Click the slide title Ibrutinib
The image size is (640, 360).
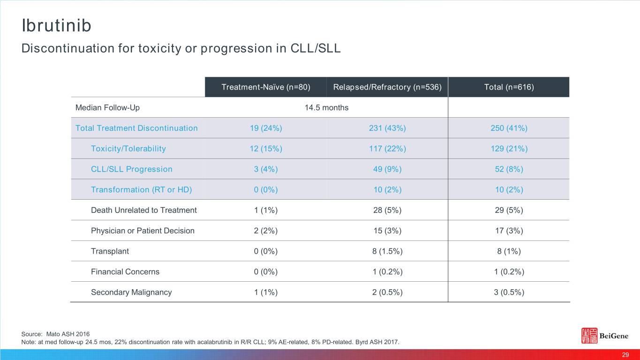tap(56, 26)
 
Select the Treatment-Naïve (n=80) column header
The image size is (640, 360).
tap(266, 87)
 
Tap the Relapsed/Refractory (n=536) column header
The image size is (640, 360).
tap(387, 87)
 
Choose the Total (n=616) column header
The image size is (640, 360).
tap(509, 87)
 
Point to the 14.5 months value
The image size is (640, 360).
tap(326, 108)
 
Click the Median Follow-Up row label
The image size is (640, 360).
tap(107, 108)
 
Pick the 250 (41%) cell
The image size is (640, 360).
tap(509, 128)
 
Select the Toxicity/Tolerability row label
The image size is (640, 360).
tap(128, 149)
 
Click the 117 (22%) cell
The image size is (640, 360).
tap(387, 149)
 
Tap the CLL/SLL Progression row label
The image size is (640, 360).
tap(131, 169)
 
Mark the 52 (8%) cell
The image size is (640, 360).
tap(509, 169)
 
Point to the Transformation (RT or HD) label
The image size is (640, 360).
tap(141, 190)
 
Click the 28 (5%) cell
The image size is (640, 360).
tap(387, 210)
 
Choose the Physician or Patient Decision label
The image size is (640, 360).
tap(143, 231)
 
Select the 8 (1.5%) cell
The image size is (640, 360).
tap(387, 251)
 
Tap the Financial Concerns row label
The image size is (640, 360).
tap(125, 272)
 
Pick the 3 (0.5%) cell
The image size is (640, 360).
tap(509, 292)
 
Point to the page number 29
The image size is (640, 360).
tap(625, 355)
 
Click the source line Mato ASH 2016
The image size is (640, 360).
tap(55, 334)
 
